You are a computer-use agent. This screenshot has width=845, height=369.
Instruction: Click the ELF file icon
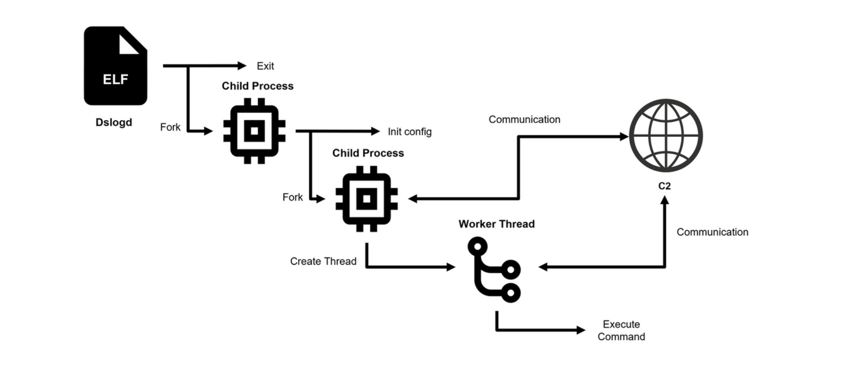coord(115,66)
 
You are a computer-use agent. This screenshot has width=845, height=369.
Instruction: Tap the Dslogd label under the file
coord(114,122)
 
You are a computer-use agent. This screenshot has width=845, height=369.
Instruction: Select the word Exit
coord(265,66)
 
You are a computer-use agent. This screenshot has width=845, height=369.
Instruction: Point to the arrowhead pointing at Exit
coord(242,66)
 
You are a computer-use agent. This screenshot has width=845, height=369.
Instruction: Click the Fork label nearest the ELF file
coord(170,127)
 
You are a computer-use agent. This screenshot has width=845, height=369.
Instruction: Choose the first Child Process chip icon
coord(254,131)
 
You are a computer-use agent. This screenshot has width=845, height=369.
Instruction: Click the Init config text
coord(409,132)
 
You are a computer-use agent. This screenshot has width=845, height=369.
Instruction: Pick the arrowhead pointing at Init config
coord(375,131)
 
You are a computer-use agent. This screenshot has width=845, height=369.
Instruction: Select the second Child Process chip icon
coord(367,198)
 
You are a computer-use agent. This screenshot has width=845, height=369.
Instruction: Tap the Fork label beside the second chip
coord(292,197)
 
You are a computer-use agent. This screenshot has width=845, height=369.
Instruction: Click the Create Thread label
coord(323,261)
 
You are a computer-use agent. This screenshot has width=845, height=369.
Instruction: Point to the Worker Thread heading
coord(496,224)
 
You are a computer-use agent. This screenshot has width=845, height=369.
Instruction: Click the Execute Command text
coord(621,330)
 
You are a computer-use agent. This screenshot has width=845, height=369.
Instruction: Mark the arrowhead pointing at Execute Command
coord(581,330)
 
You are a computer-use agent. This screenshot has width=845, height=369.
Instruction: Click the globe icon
coord(666,135)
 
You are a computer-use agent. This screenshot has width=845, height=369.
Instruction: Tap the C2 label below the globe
coord(664,186)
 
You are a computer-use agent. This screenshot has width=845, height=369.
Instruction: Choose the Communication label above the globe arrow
coord(524,120)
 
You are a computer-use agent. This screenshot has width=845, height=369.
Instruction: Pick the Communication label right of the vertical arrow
coord(712,232)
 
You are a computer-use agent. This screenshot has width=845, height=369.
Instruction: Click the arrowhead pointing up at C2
coord(665,200)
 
